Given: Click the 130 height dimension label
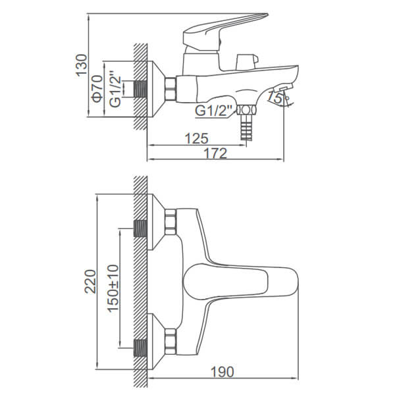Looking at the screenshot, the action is pyautogui.click(x=82, y=65).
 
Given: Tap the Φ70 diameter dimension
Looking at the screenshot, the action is pyautogui.click(x=97, y=88).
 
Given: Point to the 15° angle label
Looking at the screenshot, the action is pyautogui.click(x=275, y=97).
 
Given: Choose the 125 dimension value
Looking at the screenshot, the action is pyautogui.click(x=197, y=138).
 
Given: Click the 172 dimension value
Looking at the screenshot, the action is pyautogui.click(x=215, y=153).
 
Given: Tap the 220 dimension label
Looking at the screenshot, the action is pyautogui.click(x=90, y=281).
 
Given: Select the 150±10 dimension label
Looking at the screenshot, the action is pyautogui.click(x=113, y=288).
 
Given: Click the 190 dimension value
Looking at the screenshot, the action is pyautogui.click(x=223, y=372).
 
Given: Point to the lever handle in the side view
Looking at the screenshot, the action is pyautogui.click(x=225, y=30).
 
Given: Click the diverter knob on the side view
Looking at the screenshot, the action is pyautogui.click(x=247, y=61).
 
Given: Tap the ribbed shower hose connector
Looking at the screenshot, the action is pyautogui.click(x=246, y=127).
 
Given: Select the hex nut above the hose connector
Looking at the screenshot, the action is pyautogui.click(x=246, y=110).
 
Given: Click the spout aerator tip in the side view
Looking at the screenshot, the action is pyautogui.click(x=283, y=88).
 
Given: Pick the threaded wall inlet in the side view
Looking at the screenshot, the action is pyautogui.click(x=140, y=89).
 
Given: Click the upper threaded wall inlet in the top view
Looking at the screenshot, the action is pyautogui.click(x=140, y=228).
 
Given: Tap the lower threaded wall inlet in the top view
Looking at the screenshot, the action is pyautogui.click(x=140, y=348).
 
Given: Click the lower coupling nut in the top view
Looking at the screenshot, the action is pyautogui.click(x=171, y=341).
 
